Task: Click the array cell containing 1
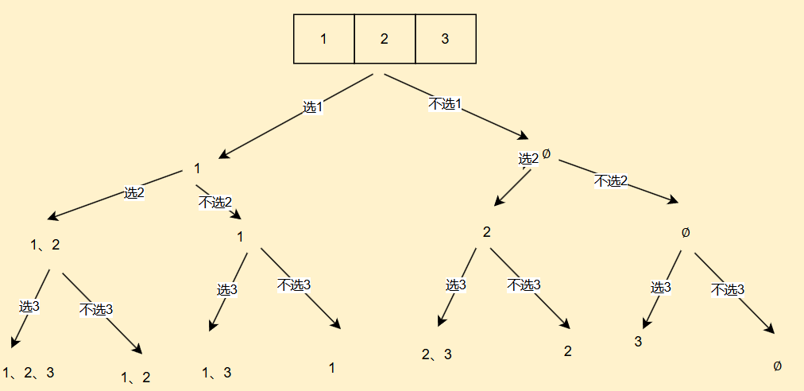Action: (x=323, y=39)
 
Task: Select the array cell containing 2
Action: (x=385, y=39)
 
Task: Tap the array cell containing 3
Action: (x=445, y=39)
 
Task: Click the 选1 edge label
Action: (x=313, y=106)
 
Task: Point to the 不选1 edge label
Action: (x=445, y=104)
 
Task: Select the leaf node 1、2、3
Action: (x=29, y=372)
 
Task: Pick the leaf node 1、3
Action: (x=217, y=372)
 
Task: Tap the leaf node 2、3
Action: (x=437, y=354)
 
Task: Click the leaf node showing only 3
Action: (x=638, y=342)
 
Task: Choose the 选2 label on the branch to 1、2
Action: (x=133, y=192)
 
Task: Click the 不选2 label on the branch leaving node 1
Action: (x=215, y=202)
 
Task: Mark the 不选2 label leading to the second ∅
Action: (x=611, y=181)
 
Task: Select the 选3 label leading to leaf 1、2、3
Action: (x=29, y=306)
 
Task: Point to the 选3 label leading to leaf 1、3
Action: (x=227, y=290)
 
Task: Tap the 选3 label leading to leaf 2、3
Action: (x=456, y=285)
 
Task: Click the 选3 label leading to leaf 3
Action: (x=661, y=288)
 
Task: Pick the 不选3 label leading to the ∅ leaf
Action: (x=727, y=289)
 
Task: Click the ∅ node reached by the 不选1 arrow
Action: (x=546, y=154)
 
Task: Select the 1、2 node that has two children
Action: (x=45, y=245)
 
